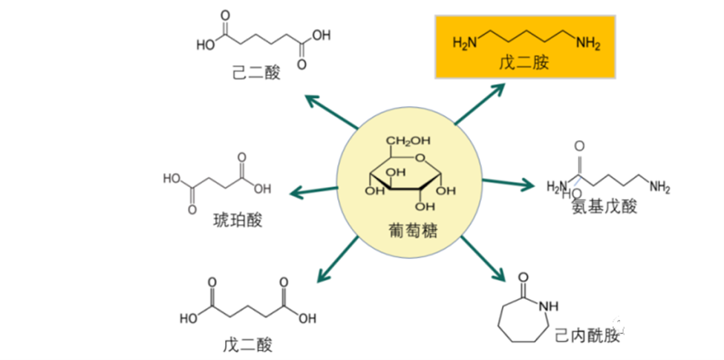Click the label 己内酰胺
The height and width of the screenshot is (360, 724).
587,336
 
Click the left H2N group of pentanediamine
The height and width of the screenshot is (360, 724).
465,43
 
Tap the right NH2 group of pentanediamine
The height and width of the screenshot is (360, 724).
587,43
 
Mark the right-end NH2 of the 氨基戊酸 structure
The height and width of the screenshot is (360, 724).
659,186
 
